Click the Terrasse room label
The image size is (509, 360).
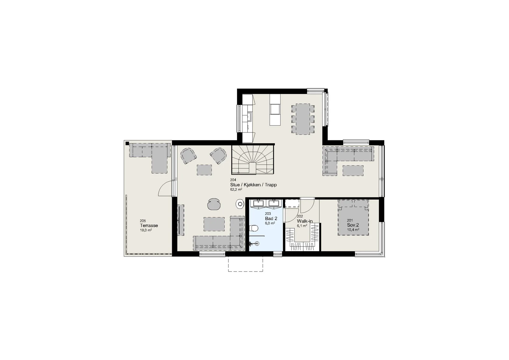149,225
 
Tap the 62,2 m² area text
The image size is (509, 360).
236,189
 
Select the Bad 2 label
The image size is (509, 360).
271,219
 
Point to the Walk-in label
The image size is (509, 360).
305,221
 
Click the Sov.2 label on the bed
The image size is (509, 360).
353,225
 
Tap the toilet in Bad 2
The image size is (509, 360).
254,228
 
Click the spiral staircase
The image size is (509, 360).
253,160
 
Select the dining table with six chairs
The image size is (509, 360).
303,119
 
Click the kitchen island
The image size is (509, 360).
275,109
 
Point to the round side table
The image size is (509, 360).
240,204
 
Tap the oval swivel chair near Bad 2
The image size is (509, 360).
214,204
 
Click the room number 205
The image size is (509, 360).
143,221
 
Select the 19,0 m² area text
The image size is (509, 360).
146,230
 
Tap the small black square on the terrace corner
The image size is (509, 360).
127,143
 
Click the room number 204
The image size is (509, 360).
233,180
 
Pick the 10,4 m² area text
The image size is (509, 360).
353,230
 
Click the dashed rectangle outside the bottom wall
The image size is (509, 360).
246,264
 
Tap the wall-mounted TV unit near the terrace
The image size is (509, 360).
181,220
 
